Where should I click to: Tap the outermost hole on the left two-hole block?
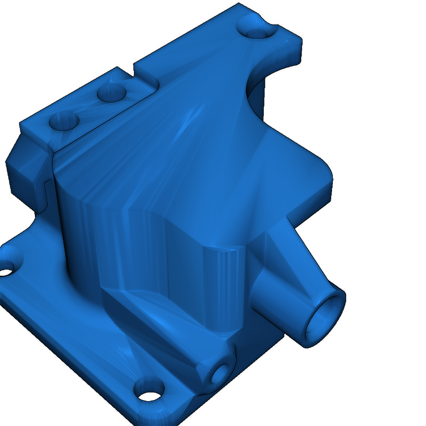click(64, 121)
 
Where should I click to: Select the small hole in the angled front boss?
click(219, 374)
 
